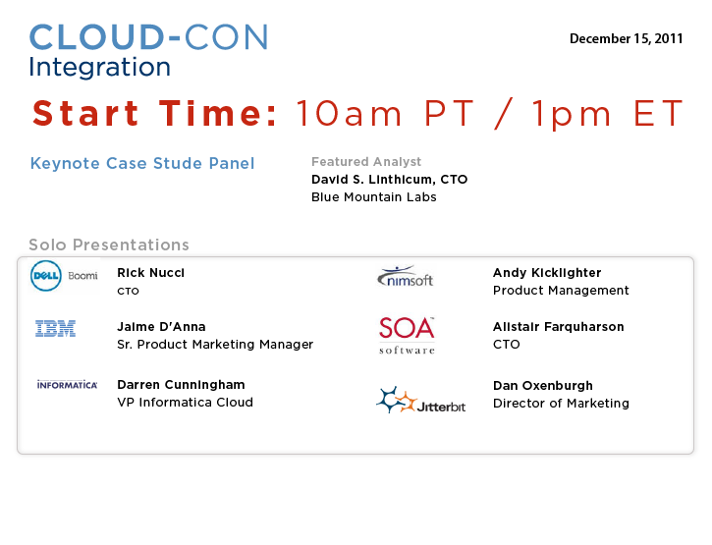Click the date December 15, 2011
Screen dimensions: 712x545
627,39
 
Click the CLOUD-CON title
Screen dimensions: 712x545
149,37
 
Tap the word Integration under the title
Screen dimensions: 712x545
100,68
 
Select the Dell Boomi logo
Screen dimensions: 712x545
64,276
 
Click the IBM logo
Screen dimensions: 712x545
55,328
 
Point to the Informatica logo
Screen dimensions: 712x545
67,385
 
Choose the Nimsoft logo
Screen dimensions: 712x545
405,277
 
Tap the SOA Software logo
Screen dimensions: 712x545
407,336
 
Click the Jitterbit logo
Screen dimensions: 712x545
421,400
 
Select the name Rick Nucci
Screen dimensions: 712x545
151,273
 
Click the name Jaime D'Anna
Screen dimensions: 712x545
161,327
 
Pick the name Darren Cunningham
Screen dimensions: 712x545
181,385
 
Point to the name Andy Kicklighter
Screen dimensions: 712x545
547,273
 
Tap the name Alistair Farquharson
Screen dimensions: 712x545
559,327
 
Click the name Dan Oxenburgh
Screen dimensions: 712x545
543,386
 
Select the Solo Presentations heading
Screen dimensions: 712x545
109,245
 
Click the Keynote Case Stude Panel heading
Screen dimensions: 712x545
142,163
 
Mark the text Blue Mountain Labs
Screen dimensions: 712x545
374,197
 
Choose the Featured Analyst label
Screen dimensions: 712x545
366,162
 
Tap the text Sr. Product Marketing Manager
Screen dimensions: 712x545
215,345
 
